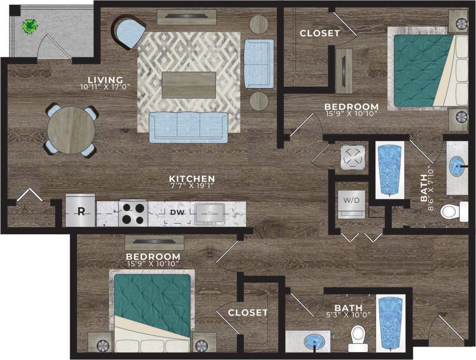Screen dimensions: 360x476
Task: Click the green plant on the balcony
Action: point(29,26)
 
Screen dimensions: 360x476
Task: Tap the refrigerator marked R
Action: point(80,211)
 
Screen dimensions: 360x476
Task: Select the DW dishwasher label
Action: point(177,212)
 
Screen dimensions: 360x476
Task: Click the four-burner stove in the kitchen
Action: point(133,213)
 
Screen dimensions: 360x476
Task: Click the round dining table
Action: point(71,130)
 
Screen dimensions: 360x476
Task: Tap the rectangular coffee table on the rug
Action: point(189,85)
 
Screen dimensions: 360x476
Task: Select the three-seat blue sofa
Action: point(188,127)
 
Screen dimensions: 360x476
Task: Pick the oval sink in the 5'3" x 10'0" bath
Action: point(314,341)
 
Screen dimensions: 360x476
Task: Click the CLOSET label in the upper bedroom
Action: point(320,33)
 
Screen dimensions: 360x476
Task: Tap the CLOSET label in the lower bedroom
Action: point(248,313)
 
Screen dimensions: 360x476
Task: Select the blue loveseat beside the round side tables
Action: point(259,63)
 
